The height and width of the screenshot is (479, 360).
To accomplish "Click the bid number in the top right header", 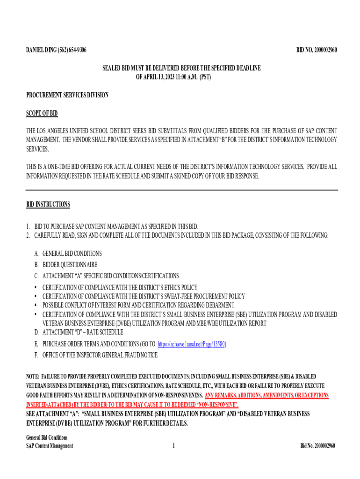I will pyautogui.click(x=317, y=50).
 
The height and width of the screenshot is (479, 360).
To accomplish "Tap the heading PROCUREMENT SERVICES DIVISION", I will pyautogui.click(x=67, y=95).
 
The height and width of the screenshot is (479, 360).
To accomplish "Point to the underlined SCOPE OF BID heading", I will pyautogui.click(x=42, y=114).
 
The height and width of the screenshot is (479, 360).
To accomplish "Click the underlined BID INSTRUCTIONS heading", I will pyautogui.click(x=48, y=204).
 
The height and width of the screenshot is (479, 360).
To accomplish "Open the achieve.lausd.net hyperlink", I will pyautogui.click(x=192, y=344).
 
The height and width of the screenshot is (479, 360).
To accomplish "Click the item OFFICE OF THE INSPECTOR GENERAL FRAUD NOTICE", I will pyautogui.click(x=100, y=355).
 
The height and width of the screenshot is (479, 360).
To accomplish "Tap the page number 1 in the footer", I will pyautogui.click(x=173, y=446).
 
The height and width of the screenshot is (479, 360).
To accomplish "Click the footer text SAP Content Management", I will pyautogui.click(x=50, y=446).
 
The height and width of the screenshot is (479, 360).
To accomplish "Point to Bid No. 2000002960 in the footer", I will pyautogui.click(x=317, y=446).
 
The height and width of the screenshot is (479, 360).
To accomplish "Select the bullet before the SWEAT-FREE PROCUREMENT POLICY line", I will pyautogui.click(x=36, y=296).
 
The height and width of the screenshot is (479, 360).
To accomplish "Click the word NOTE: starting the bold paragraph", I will pyautogui.click(x=32, y=377).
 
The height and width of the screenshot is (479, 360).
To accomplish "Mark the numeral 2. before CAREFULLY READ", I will pyautogui.click(x=28, y=235).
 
